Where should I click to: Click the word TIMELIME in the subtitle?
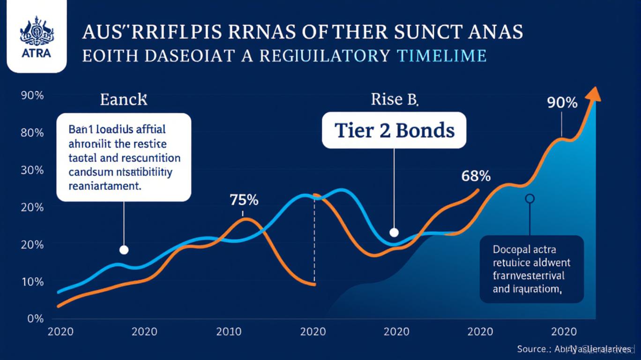[x=441, y=56]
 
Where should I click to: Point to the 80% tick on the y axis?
[x=32, y=133]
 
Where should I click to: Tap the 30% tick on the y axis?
[x=32, y=170]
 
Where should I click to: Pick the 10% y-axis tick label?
[x=32, y=282]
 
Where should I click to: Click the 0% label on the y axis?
[x=35, y=319]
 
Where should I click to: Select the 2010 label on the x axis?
[x=229, y=332]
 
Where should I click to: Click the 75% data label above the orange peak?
[x=244, y=200]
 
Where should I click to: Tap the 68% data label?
[x=476, y=177]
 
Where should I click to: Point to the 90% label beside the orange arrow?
[x=562, y=103]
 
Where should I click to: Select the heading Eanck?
[x=124, y=100]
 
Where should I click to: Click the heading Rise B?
[x=395, y=99]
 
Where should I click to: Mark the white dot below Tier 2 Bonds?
[x=394, y=232]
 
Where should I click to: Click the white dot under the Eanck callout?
[x=124, y=250]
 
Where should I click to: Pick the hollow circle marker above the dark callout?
[x=529, y=199]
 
